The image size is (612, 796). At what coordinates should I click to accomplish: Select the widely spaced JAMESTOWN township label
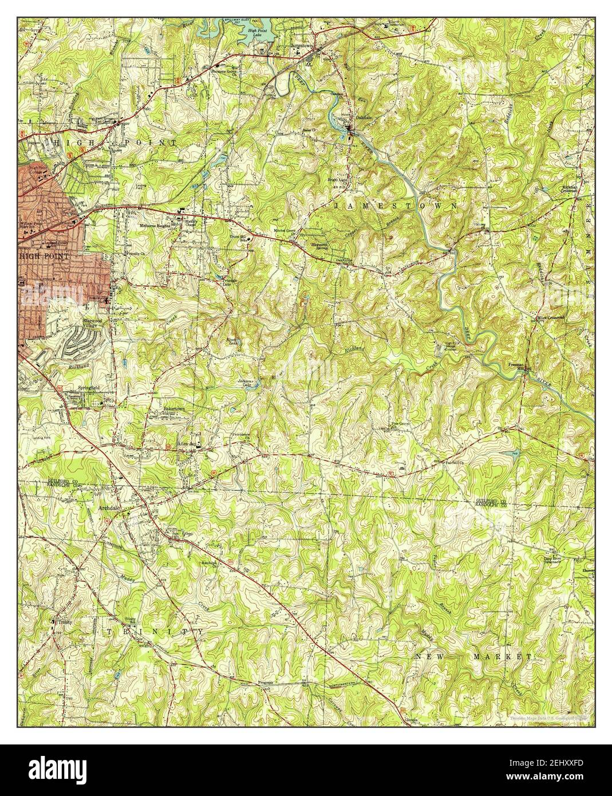point(395,205)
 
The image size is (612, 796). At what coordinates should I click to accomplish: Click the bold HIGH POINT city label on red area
point(44,256)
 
